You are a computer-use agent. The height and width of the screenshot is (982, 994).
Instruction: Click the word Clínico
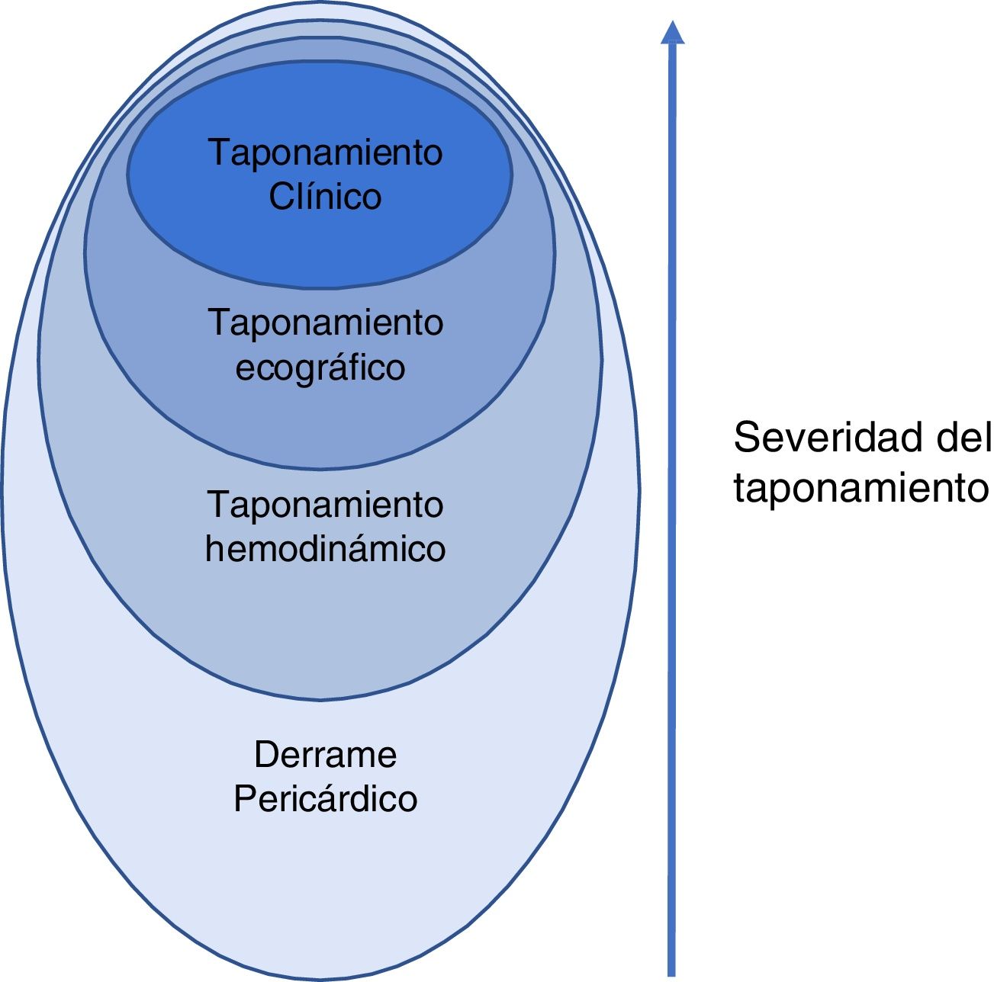[x=325, y=197]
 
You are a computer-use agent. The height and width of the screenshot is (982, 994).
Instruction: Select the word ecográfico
[x=320, y=368]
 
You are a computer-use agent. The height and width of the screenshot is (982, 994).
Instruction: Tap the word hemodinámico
[x=325, y=549]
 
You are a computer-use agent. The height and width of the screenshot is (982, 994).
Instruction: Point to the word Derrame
[x=326, y=755]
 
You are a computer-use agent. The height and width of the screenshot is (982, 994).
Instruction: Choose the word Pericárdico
[x=326, y=799]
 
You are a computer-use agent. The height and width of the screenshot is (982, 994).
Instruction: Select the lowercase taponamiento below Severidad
[x=861, y=488]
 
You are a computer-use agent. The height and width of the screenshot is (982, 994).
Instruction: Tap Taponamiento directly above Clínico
[x=326, y=152]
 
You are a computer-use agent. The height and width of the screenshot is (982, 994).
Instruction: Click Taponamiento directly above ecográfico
[x=326, y=323]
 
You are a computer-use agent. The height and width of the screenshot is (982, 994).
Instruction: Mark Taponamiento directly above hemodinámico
[x=326, y=505]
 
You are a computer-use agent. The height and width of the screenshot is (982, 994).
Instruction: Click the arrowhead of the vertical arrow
[x=671, y=32]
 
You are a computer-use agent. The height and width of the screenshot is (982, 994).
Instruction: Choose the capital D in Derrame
[x=265, y=755]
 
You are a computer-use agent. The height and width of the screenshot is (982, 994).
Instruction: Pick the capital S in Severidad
[x=745, y=438]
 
